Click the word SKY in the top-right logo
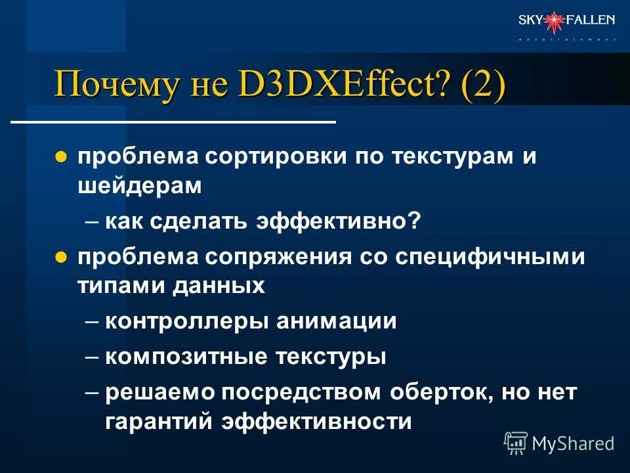pyautogui.click(x=530, y=20)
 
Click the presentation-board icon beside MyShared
pyautogui.click(x=516, y=443)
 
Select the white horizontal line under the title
pyautogui.click(x=174, y=122)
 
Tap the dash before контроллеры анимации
pyautogui.click(x=93, y=321)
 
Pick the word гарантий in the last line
pyautogui.click(x=157, y=421)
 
